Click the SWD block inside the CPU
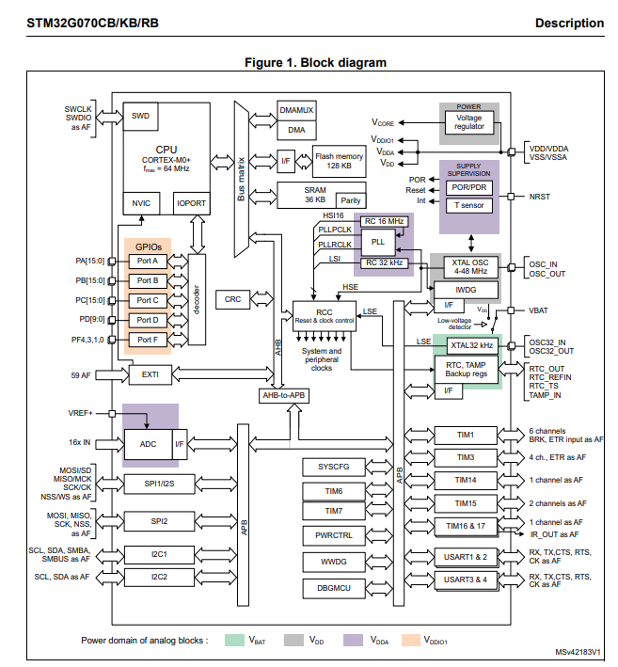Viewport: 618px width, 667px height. [141, 117]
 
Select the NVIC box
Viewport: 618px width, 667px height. [141, 202]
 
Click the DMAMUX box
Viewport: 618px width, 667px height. [296, 110]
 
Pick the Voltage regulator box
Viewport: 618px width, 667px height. [469, 121]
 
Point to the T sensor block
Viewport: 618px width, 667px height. [468, 205]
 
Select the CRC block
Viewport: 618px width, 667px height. [232, 299]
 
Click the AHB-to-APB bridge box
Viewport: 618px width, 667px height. [285, 395]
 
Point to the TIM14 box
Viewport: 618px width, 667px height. [466, 481]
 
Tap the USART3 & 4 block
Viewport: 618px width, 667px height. [466, 579]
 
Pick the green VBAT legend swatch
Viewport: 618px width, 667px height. [234, 640]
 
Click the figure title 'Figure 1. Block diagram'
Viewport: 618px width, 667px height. [315, 63]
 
